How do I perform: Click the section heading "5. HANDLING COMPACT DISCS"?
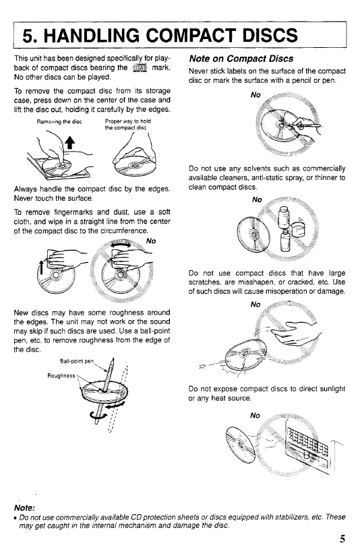click(160, 35)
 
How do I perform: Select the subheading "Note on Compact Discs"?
click(241, 59)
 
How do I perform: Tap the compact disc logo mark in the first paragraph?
click(140, 68)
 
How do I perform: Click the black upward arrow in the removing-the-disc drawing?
click(70, 142)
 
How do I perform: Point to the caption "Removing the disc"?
click(59, 122)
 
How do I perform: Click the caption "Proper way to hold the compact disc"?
click(127, 124)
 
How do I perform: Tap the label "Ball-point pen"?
click(77, 361)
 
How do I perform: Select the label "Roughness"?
click(61, 376)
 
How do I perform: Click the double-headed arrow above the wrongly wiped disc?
click(121, 245)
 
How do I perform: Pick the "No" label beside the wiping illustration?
click(151, 241)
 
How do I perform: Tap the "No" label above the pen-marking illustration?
click(256, 95)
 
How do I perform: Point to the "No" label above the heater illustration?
click(255, 415)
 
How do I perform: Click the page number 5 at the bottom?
click(342, 539)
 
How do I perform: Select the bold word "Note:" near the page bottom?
click(24, 508)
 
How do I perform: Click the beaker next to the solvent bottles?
click(297, 228)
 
